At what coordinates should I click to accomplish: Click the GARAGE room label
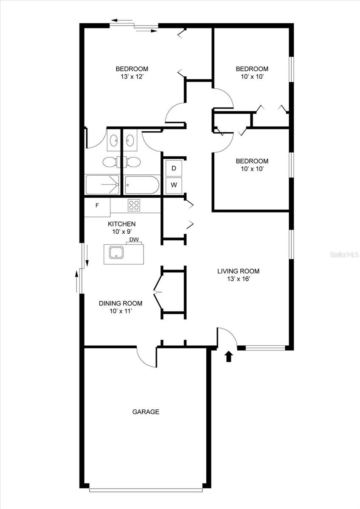(x=146, y=411)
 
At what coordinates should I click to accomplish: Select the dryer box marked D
(x=174, y=168)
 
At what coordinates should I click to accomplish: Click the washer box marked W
(x=174, y=185)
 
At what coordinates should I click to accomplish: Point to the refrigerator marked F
(x=97, y=206)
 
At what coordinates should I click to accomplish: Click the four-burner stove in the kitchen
(x=134, y=205)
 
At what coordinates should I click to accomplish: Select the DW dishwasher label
(x=134, y=240)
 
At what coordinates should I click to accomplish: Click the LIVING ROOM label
(x=238, y=271)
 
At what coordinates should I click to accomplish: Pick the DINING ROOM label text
(x=121, y=303)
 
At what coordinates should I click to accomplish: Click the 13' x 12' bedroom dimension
(x=132, y=77)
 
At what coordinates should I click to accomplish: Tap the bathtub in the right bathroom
(x=142, y=185)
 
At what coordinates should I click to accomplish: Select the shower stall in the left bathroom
(x=103, y=185)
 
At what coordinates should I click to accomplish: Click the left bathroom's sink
(x=114, y=140)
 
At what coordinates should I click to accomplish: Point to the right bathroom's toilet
(x=132, y=162)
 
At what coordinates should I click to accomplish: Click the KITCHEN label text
(x=121, y=224)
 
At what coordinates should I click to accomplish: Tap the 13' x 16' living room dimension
(x=238, y=279)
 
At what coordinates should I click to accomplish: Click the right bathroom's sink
(x=130, y=140)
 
